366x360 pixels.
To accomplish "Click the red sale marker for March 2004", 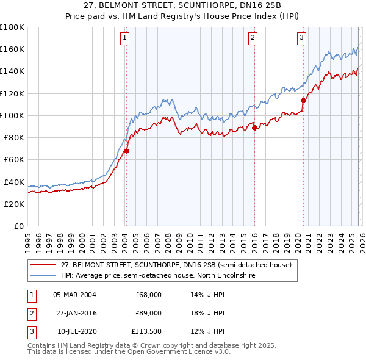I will pyautogui.click(x=126, y=151).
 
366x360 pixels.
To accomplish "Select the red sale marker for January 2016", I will pyautogui.click(x=254, y=128).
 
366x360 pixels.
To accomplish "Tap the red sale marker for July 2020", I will pyautogui.click(x=303, y=100).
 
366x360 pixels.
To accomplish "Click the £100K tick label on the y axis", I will pyautogui.click(x=12, y=115).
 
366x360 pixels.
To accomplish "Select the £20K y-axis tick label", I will pyautogui.click(x=13, y=204).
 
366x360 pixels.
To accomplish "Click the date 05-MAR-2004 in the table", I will pyautogui.click(x=74, y=295).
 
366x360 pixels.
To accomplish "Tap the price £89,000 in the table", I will pyautogui.click(x=148, y=313).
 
